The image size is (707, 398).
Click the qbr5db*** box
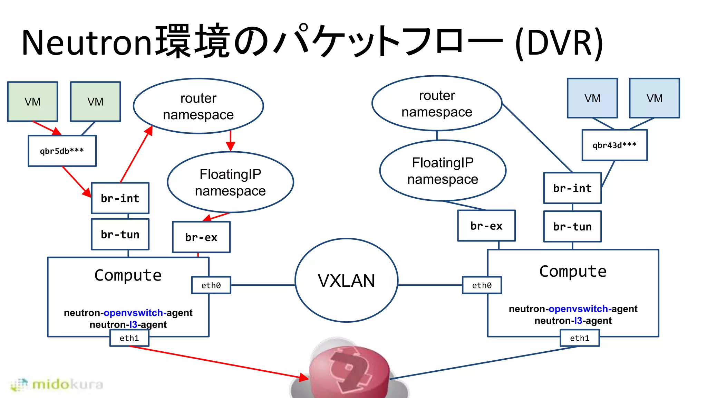pyautogui.click(x=62, y=151)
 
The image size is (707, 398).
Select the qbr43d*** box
pyautogui.click(x=614, y=145)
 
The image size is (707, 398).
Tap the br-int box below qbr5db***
pyautogui.click(x=120, y=198)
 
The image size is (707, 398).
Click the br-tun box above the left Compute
pyautogui.click(x=120, y=234)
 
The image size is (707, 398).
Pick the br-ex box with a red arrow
pyautogui.click(x=201, y=237)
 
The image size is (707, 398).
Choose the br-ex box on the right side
pyautogui.click(x=486, y=226)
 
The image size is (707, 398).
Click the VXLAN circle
pyautogui.click(x=346, y=280)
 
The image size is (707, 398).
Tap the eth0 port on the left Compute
pyautogui.click(x=211, y=285)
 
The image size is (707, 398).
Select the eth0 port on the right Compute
pyautogui.click(x=482, y=285)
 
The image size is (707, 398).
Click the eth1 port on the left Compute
pyautogui.click(x=129, y=338)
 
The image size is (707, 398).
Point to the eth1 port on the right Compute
pyautogui.click(x=580, y=338)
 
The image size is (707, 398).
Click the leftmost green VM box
pyautogui.click(x=32, y=102)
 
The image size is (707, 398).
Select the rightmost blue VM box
pyautogui.click(x=654, y=98)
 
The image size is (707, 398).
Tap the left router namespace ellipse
pyautogui.click(x=198, y=106)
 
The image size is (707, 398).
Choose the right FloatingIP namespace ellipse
pyautogui.click(x=443, y=171)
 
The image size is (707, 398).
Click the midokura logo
pyautogui.click(x=57, y=384)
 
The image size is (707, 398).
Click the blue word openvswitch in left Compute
pyautogui.click(x=133, y=313)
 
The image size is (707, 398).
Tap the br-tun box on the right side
pyautogui.click(x=572, y=227)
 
